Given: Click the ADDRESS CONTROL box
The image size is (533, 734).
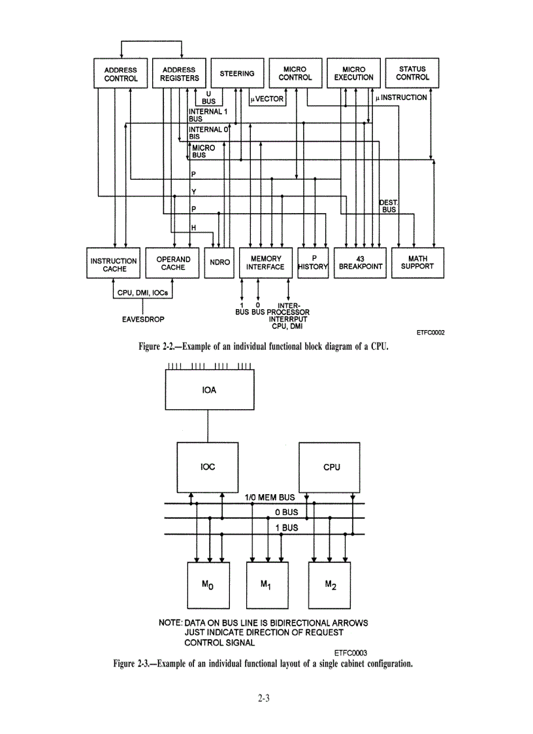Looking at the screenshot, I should (121, 73).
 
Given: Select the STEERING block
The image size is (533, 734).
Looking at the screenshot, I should (237, 73).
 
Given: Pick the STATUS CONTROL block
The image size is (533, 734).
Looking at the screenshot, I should (412, 73).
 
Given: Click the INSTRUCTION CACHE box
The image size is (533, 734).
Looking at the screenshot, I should (114, 264).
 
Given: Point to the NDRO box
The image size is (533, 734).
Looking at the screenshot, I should (218, 263).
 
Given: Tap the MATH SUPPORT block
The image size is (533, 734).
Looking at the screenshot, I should (417, 263).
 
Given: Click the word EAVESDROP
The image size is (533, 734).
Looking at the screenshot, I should (142, 320).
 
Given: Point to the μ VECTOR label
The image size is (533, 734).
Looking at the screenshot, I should (266, 99).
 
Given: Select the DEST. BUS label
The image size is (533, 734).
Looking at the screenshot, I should (389, 206).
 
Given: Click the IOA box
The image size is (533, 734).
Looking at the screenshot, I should (208, 392).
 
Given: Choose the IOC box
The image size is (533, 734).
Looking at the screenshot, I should (208, 467).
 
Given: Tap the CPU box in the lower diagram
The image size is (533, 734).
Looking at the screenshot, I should (332, 467).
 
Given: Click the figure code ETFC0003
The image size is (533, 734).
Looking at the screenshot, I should (351, 652).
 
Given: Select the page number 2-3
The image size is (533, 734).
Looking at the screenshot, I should (264, 698).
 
